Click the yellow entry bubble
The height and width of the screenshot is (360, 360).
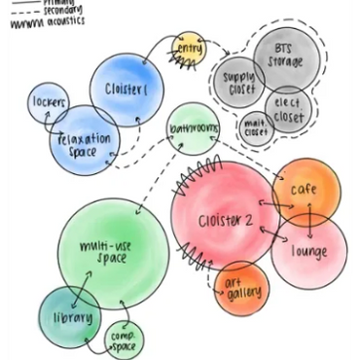189,50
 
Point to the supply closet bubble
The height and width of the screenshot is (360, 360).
238,82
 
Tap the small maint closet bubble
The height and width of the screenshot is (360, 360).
255,127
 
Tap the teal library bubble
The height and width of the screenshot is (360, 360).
71,317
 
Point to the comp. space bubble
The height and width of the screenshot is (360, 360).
124,340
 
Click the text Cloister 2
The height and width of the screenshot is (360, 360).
226,221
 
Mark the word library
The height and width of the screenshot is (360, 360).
72,317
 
